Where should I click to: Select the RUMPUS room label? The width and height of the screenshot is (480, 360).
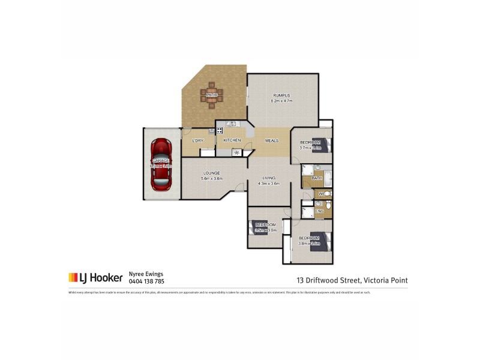tap(282, 95)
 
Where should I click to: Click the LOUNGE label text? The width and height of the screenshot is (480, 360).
tap(212, 173)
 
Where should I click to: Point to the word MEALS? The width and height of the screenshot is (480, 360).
tap(271, 140)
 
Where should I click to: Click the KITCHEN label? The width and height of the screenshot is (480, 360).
tap(232, 140)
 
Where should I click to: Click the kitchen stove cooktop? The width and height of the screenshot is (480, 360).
tap(220, 130)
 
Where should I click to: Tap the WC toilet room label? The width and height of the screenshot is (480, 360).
tap(322, 194)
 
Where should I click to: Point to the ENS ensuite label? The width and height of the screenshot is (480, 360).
tap(320, 211)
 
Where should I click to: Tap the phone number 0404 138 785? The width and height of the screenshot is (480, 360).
tap(146, 281)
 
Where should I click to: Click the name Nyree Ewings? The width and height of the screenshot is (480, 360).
tap(146, 274)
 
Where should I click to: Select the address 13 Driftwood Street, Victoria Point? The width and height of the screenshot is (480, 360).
tap(352, 280)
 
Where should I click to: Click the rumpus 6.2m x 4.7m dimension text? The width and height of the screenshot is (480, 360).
tap(281, 101)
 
